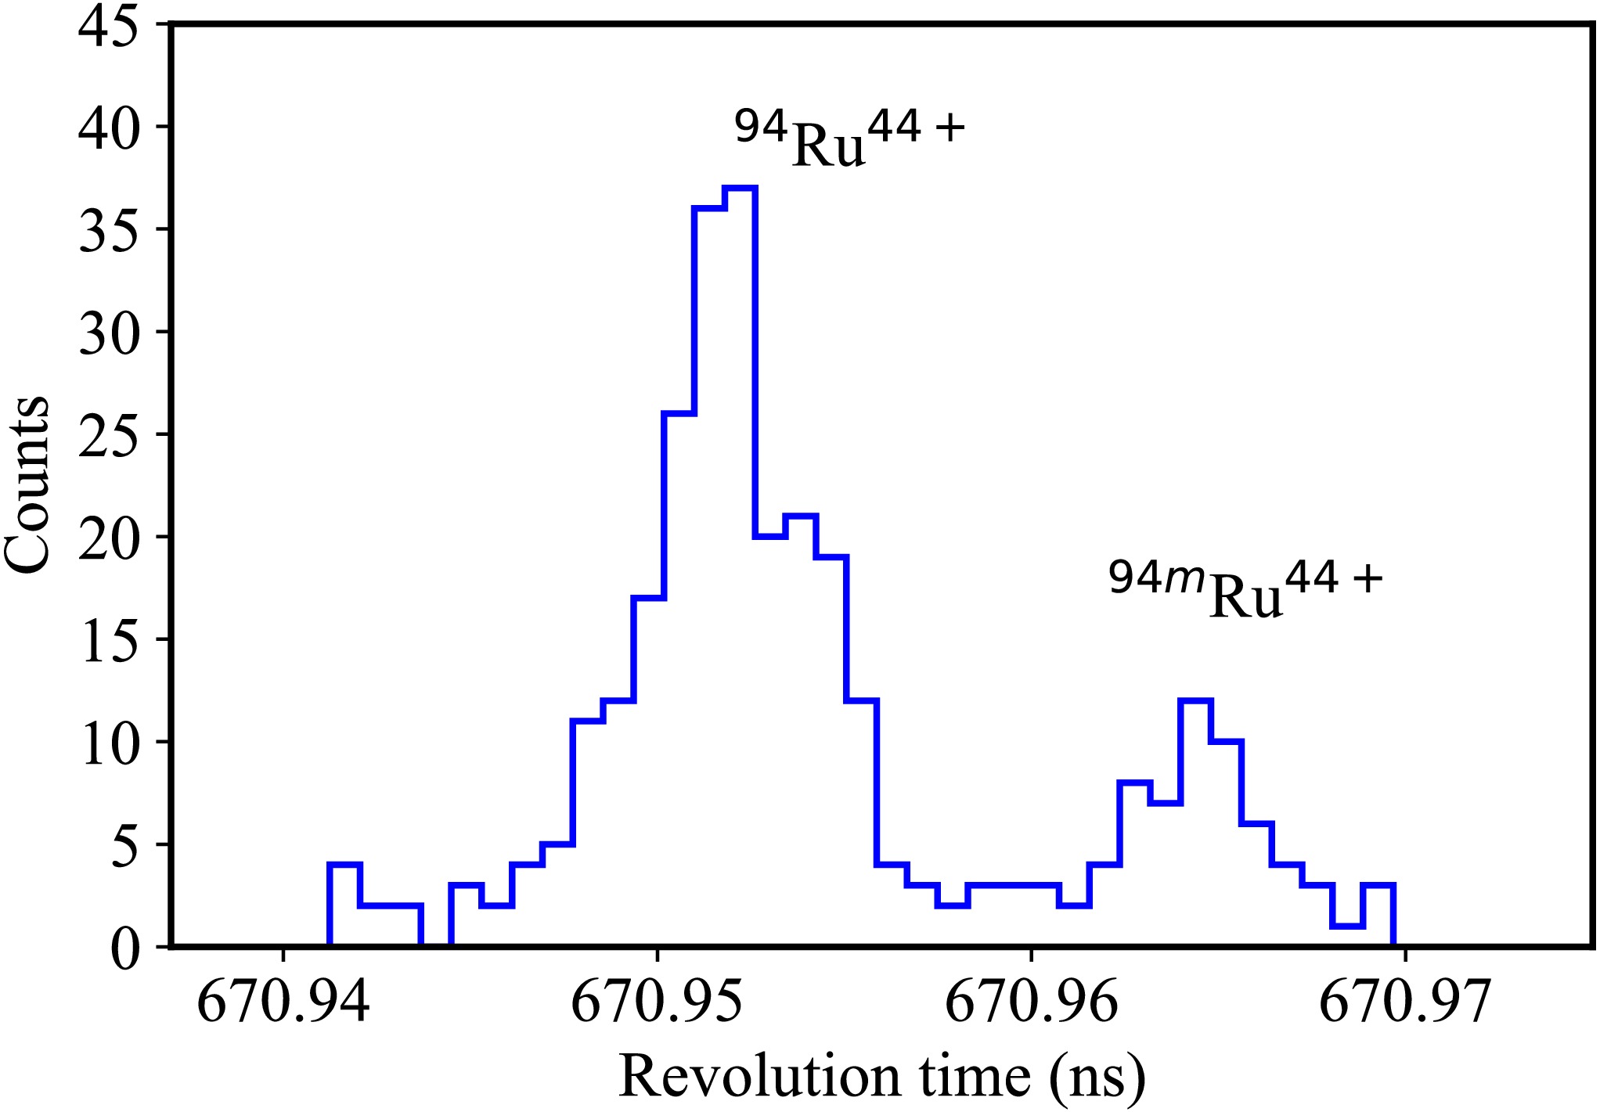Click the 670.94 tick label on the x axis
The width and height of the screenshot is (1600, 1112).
click(283, 1002)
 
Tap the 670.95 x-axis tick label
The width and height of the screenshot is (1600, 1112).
click(658, 1002)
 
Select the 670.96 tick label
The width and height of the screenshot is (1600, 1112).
click(1032, 1002)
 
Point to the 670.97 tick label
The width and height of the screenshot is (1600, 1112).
click(1406, 1002)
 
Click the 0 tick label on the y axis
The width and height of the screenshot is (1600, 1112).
click(125, 948)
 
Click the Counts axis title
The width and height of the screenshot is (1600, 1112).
click(27, 485)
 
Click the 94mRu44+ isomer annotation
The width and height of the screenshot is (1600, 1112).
click(1245, 588)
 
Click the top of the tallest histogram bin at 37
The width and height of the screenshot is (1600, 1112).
click(741, 188)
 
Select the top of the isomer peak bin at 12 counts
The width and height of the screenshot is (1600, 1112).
click(1195, 700)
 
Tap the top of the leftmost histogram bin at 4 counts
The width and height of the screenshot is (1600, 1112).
click(344, 865)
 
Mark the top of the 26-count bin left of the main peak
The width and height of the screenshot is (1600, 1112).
click(679, 413)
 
